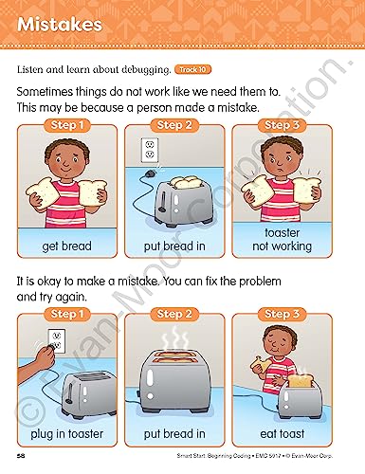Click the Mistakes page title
60,25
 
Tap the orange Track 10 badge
192,69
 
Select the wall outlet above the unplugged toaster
149,150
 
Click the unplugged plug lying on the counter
150,173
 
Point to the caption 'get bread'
66,246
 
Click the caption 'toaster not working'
282,240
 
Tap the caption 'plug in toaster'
67,434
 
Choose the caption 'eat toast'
283,434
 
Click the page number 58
21,456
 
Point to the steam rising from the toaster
174,338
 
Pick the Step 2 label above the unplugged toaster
174,125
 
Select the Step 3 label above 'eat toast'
282,314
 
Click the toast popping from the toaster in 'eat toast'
300,381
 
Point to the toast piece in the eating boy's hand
261,364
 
